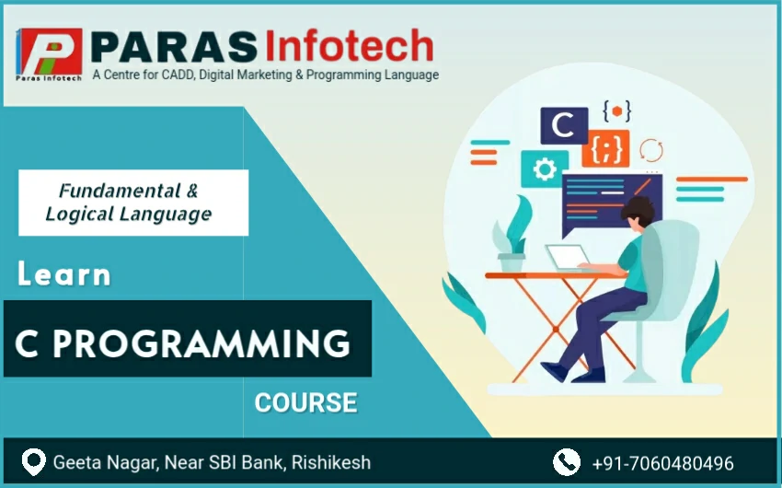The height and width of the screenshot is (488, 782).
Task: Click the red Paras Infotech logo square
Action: pyautogui.click(x=50, y=52)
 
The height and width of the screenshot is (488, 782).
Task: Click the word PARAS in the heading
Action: pyautogui.click(x=174, y=46)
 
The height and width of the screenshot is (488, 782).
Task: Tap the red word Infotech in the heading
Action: pyautogui.click(x=349, y=45)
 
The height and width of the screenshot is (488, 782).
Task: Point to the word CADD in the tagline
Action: pyautogui.click(x=178, y=75)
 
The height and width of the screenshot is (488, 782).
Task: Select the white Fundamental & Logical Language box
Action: pyautogui.click(x=133, y=203)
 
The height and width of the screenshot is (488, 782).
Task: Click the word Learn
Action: pyautogui.click(x=64, y=274)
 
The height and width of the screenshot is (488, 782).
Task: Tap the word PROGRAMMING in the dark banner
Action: pyautogui.click(x=201, y=343)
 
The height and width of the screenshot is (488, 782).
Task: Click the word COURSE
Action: pyautogui.click(x=306, y=402)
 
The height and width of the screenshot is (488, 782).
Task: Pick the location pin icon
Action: pyautogui.click(x=34, y=462)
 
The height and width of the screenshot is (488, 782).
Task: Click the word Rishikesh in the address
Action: pyautogui.click(x=331, y=462)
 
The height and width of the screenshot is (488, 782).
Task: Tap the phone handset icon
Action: pyautogui.click(x=567, y=462)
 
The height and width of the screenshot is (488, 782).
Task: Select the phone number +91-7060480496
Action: pyautogui.click(x=662, y=463)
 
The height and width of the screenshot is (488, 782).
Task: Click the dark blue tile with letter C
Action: pyautogui.click(x=564, y=125)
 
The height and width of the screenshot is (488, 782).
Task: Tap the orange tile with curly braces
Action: pyautogui.click(x=605, y=148)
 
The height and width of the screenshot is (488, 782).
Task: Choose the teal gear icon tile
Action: pyautogui.click(x=545, y=169)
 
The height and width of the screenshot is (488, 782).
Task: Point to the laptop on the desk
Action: pyautogui.click(x=569, y=258)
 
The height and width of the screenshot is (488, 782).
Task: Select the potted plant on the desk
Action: pyautogui.click(x=512, y=235)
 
